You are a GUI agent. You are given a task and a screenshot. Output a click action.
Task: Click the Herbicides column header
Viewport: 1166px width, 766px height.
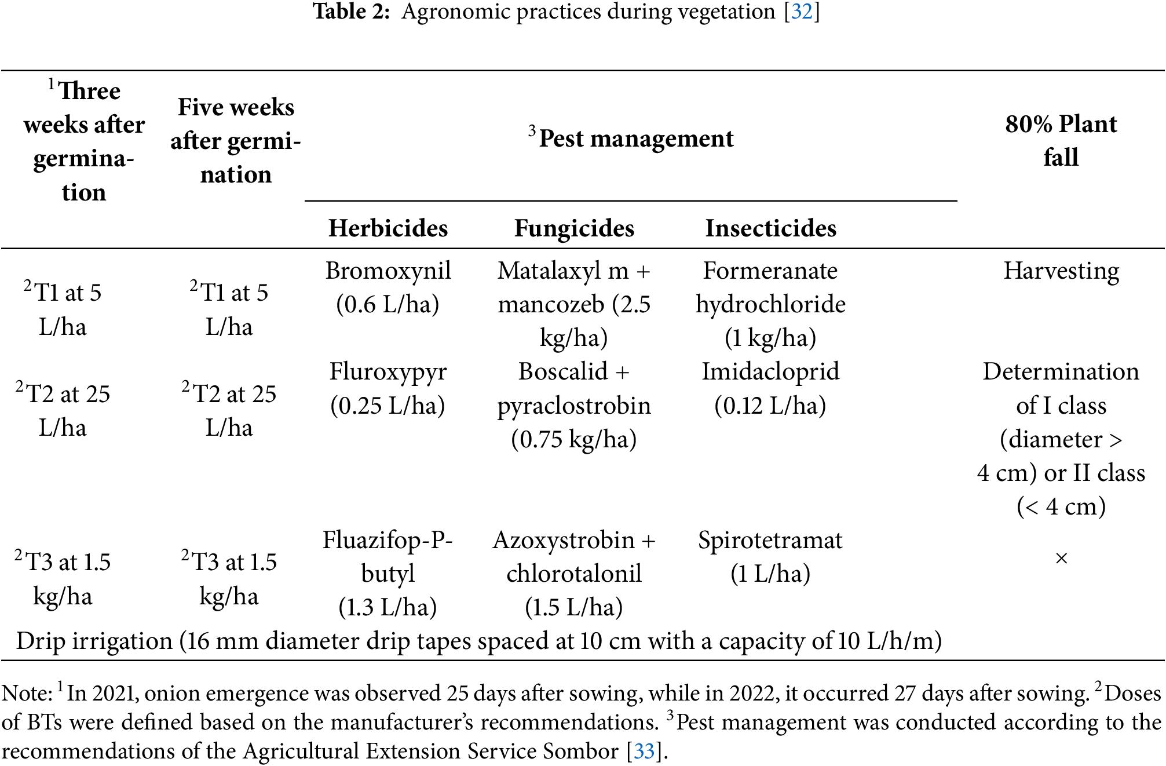tap(388, 228)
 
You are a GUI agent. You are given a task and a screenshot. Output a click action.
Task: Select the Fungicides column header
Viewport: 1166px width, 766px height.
tap(574, 228)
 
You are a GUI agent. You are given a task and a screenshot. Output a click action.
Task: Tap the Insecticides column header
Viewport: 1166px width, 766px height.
tap(770, 228)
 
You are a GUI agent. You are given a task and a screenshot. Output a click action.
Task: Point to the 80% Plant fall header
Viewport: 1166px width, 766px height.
tap(1061, 140)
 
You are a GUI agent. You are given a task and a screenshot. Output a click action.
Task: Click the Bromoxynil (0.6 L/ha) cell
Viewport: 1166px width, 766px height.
tap(388, 287)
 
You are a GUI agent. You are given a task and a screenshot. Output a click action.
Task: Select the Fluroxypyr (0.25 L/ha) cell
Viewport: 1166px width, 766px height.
tap(388, 388)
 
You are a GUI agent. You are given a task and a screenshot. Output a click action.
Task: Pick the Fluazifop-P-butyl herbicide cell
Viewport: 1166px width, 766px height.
tap(388, 573)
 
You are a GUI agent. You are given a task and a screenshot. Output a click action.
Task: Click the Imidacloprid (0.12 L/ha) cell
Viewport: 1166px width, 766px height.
tap(770, 388)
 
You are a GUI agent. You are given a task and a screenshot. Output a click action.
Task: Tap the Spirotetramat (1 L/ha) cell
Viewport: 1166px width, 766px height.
tap(770, 557)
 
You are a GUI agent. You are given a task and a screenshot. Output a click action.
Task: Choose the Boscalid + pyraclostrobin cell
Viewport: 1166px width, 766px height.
tap(574, 405)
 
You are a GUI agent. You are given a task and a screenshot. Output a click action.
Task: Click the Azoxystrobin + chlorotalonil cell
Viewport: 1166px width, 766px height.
tap(574, 573)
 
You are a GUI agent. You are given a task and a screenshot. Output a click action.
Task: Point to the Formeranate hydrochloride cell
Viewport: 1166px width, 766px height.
tap(770, 304)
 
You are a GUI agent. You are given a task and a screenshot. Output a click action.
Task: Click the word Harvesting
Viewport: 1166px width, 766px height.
tap(1061, 271)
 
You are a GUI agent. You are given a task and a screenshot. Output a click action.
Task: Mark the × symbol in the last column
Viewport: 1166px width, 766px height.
tap(1061, 559)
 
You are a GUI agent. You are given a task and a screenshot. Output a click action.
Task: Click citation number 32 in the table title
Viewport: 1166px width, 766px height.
tap(802, 12)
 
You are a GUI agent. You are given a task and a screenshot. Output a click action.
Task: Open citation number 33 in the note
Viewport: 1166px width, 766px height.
tap(644, 752)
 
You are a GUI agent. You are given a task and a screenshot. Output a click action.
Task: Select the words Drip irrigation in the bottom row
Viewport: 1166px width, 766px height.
tap(94, 641)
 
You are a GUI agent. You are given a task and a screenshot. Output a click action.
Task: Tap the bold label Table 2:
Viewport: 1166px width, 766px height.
tap(352, 12)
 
